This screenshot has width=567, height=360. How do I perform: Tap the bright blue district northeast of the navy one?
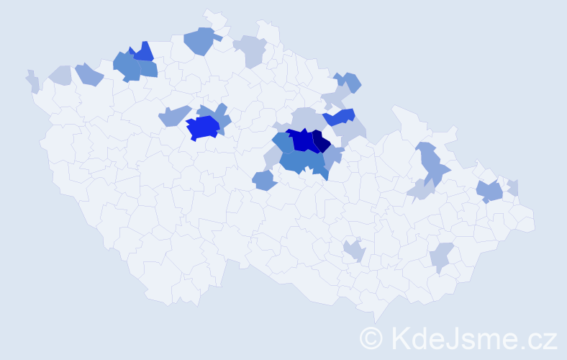click(x=340, y=116)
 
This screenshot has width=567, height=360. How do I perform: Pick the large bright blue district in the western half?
click(x=202, y=127)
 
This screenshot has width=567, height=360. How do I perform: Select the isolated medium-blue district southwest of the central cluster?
click(x=264, y=180)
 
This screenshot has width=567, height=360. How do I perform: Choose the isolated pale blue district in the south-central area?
click(x=354, y=251)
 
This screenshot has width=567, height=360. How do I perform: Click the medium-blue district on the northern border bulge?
click(x=201, y=40)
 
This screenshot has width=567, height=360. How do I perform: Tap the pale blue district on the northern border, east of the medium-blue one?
click(x=251, y=50)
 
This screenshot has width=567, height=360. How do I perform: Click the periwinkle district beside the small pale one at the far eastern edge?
click(x=490, y=192)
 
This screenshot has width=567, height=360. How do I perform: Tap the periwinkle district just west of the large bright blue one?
click(x=174, y=115)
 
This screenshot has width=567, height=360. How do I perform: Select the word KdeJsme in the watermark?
click(x=450, y=338)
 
